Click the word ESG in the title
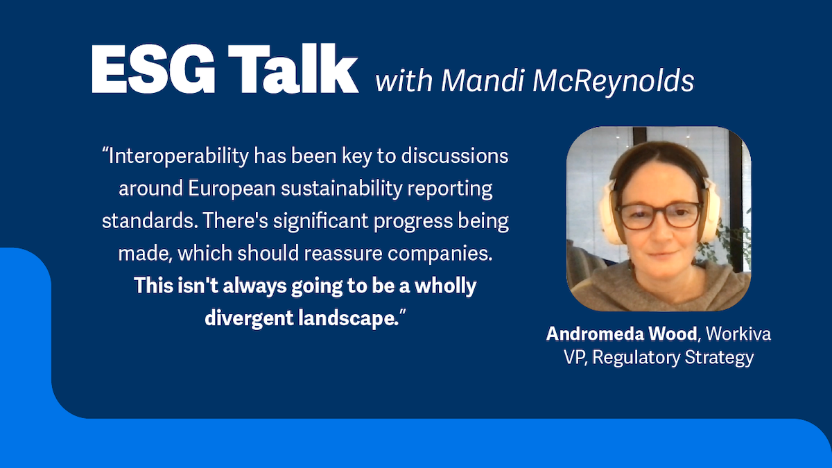(x=153, y=69)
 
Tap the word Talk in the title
(x=293, y=69)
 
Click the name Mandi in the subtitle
(x=482, y=80)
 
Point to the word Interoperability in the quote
(x=178, y=157)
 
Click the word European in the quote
(x=232, y=189)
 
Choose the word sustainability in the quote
(x=341, y=189)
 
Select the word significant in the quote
(x=320, y=221)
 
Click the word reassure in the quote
(x=343, y=254)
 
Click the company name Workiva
(x=738, y=333)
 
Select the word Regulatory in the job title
(x=636, y=358)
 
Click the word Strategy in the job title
(x=719, y=358)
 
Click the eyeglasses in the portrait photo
(x=659, y=215)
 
